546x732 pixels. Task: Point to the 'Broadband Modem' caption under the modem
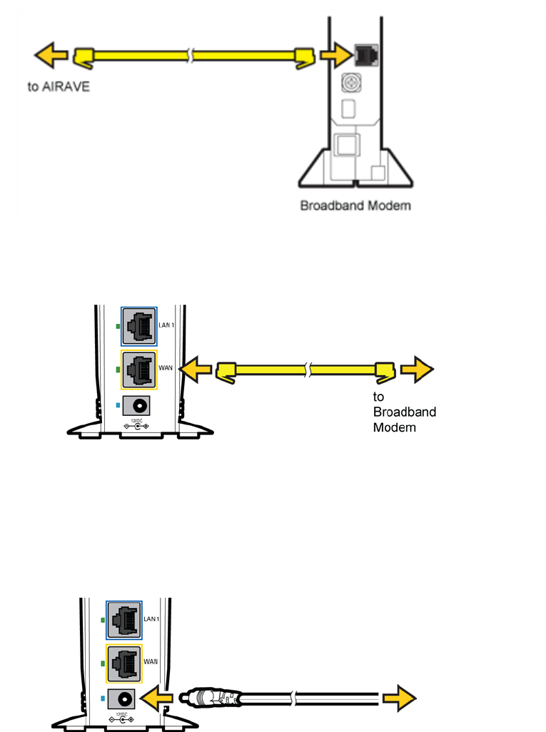tap(355, 206)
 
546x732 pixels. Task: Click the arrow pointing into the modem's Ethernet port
tap(333, 54)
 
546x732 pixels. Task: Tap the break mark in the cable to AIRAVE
tap(190, 55)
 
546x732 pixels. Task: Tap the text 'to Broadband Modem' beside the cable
tap(404, 412)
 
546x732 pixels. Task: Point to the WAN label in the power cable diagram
tap(151, 661)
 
